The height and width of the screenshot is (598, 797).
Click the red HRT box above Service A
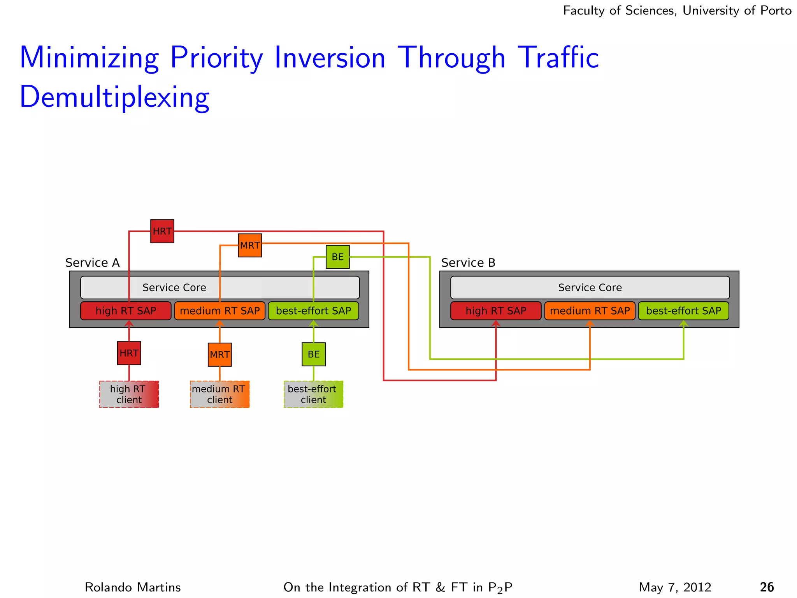[162, 231]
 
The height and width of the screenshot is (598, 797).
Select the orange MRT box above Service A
[250, 245]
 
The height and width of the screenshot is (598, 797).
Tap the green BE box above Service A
[337, 257]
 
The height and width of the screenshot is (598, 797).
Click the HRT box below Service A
[129, 353]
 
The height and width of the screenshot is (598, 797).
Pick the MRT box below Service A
[220, 355]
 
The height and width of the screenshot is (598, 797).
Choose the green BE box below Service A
[314, 354]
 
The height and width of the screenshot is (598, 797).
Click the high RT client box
[129, 394]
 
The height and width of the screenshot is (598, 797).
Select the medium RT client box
[219, 394]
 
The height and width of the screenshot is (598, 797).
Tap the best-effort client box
[313, 394]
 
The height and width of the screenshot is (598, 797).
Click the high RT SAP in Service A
[126, 311]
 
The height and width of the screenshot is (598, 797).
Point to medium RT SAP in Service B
[590, 311]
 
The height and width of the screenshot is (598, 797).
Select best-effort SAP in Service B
[683, 311]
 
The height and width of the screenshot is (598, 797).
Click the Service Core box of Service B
[590, 287]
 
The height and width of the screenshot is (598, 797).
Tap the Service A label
[92, 263]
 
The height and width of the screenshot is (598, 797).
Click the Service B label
[468, 263]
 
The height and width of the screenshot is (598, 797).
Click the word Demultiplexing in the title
[114, 97]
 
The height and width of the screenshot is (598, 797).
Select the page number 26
[767, 587]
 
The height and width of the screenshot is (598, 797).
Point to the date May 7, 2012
[675, 587]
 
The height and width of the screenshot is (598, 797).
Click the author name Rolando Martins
[133, 587]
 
